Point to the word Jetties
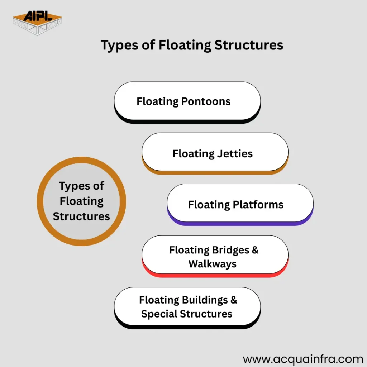[x=235, y=154]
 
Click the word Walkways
[x=213, y=264]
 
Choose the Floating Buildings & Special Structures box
[x=187, y=306]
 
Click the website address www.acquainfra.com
[x=303, y=359]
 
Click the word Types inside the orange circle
[x=81, y=186]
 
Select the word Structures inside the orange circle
[x=81, y=216]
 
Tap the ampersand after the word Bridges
[x=255, y=250]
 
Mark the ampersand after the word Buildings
[x=233, y=300]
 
